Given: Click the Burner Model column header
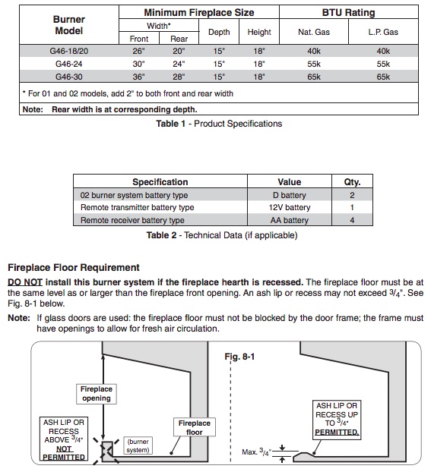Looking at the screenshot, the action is (x=68, y=25).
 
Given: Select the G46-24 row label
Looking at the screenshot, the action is (x=68, y=64).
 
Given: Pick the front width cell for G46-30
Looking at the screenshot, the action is (x=138, y=77).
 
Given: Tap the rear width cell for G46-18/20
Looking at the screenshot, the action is (x=179, y=51).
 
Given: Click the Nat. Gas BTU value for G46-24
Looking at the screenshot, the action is (x=314, y=64).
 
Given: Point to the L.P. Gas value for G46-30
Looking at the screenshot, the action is (x=383, y=77).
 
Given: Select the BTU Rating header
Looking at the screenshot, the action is (x=348, y=12).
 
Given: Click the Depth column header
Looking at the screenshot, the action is (x=219, y=32).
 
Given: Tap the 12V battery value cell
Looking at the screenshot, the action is (x=290, y=207).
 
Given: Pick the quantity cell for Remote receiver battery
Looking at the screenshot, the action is (x=352, y=220).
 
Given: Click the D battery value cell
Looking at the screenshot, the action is (x=290, y=195).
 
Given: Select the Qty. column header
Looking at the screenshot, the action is (x=352, y=182).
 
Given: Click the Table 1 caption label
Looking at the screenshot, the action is (x=219, y=124).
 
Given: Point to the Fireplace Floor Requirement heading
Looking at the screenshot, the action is (x=74, y=267).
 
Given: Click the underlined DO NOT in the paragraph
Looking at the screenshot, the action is (x=25, y=282).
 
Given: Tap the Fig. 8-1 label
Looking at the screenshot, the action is (x=239, y=357).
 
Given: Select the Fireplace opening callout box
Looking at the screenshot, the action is (x=97, y=394).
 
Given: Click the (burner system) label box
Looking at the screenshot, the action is (x=138, y=445).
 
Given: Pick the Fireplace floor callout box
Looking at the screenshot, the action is (x=195, y=427).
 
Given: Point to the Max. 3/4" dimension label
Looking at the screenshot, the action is (x=256, y=452).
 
